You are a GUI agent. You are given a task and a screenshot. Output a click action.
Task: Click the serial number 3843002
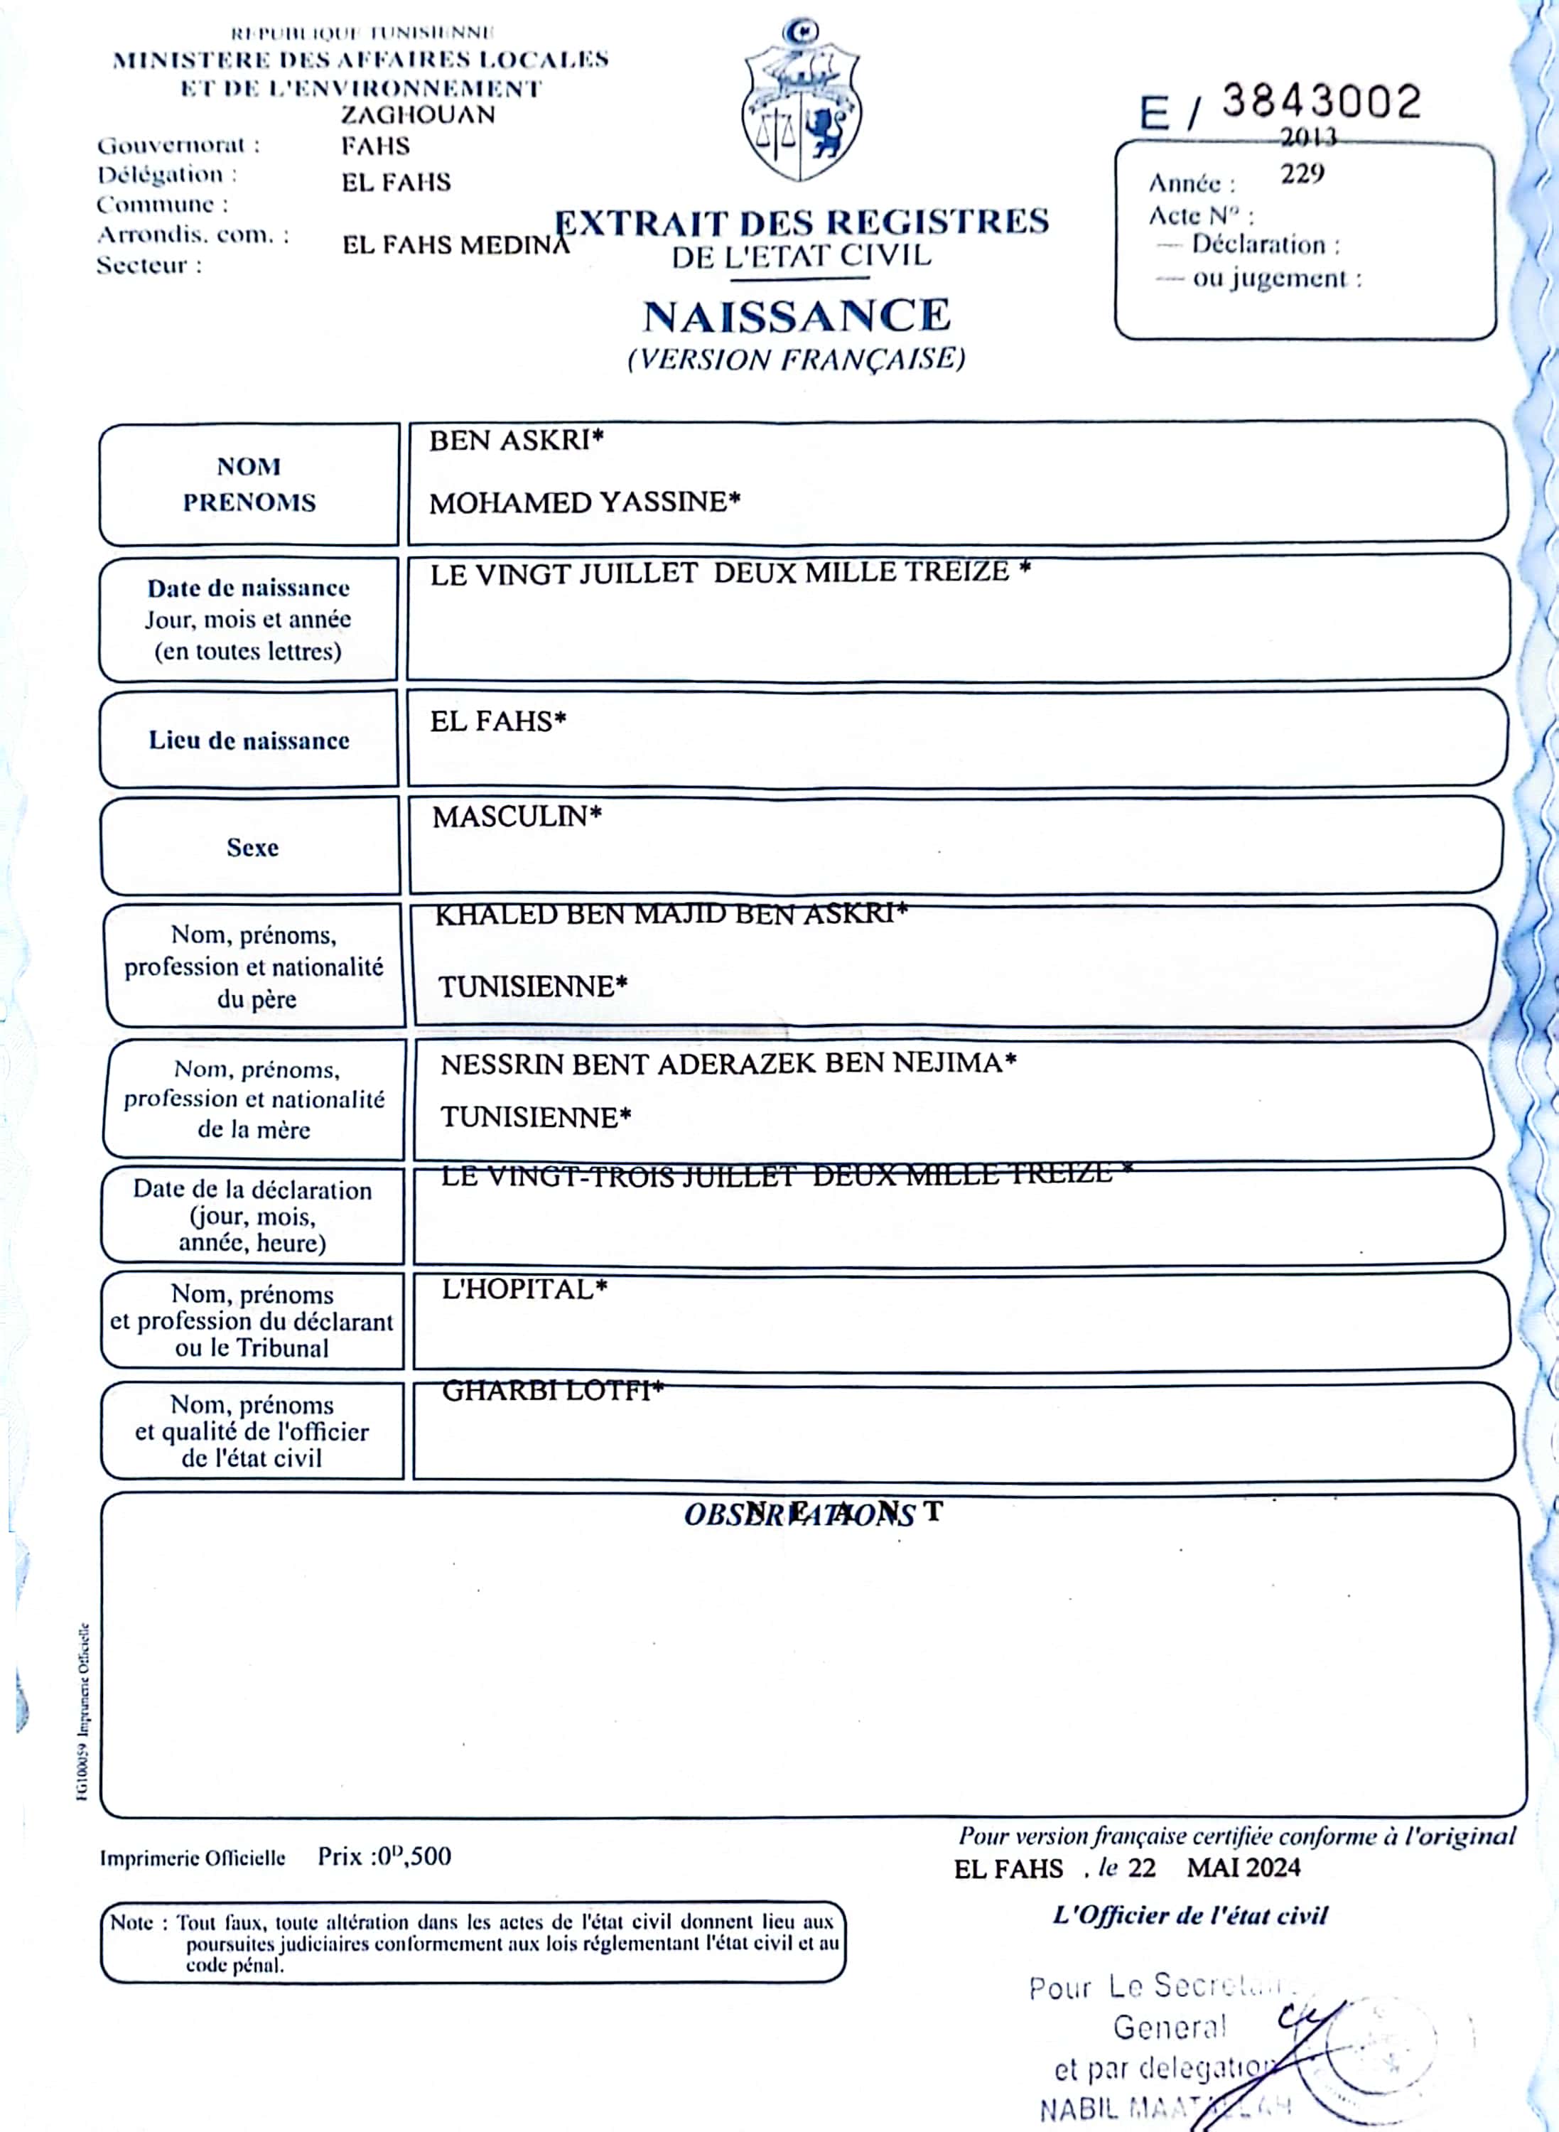[x=1321, y=101]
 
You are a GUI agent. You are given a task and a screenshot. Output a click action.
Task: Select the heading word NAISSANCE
[x=797, y=316]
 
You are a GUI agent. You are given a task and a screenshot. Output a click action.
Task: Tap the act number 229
[x=1302, y=173]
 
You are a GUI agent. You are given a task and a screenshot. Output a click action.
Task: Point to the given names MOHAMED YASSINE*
[x=584, y=502]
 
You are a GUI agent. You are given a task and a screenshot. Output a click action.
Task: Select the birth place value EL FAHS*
[x=497, y=721]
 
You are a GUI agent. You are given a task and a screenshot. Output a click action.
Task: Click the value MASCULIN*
[x=516, y=817]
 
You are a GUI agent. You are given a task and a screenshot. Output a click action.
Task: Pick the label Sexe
[x=252, y=848]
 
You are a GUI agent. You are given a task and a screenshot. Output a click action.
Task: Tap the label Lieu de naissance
[x=249, y=741]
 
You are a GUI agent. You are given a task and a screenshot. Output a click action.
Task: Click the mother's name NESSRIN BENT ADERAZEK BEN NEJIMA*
[x=728, y=1064]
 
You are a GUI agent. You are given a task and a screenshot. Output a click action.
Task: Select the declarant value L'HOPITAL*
[x=524, y=1289]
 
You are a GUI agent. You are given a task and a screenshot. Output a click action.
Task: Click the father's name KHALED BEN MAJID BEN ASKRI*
[x=670, y=914]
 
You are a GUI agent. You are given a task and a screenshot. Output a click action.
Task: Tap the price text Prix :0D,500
[x=384, y=1856]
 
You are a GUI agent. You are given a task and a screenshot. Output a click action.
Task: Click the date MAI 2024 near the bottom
[x=1243, y=1868]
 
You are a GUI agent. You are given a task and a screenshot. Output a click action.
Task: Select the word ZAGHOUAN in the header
[x=418, y=115]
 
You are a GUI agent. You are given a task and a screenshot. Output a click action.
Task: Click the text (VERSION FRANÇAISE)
[x=797, y=360]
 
